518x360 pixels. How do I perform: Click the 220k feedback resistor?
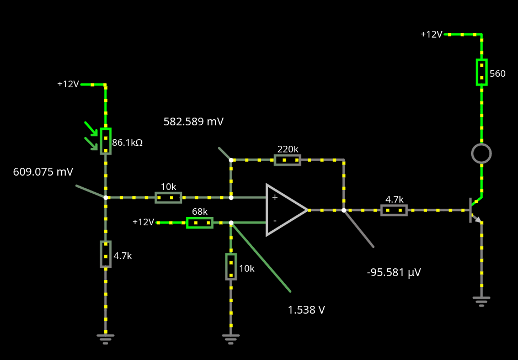click(x=287, y=160)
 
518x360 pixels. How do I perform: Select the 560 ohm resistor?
click(x=482, y=72)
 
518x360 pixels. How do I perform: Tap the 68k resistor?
click(x=200, y=223)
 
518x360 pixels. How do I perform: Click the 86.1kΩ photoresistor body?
click(x=106, y=141)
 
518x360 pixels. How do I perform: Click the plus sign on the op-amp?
click(x=275, y=197)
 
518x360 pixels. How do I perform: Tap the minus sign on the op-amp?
click(x=275, y=220)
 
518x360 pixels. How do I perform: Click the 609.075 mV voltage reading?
click(x=43, y=172)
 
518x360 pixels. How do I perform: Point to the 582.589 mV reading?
click(x=194, y=121)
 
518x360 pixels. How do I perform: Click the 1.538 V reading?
click(x=307, y=310)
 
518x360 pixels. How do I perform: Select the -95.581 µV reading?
click(x=394, y=272)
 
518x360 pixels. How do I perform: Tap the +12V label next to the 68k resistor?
click(x=143, y=222)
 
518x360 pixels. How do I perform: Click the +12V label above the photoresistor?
click(x=68, y=84)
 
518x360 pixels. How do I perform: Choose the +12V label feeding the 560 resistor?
click(x=431, y=34)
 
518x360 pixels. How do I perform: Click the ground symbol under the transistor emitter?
click(x=482, y=301)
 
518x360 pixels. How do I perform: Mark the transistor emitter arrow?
click(x=477, y=219)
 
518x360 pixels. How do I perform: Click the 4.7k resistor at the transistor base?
click(x=394, y=210)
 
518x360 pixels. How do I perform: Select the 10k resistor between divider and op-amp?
click(x=168, y=198)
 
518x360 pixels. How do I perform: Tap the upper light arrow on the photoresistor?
click(x=92, y=129)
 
